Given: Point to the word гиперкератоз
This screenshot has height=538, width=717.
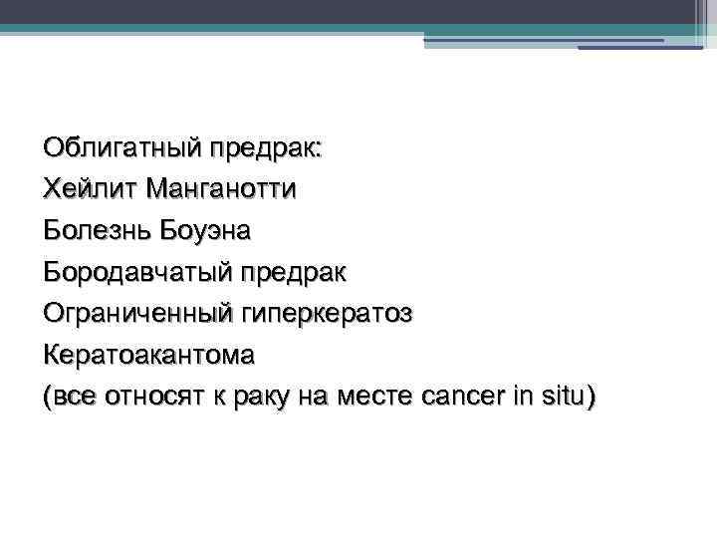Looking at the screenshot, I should tap(325, 314).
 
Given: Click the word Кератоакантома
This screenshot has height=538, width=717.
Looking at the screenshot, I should tap(149, 355).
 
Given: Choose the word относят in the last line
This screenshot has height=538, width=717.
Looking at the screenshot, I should tap(160, 397).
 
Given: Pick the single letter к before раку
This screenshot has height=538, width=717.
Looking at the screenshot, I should tap(222, 397).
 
